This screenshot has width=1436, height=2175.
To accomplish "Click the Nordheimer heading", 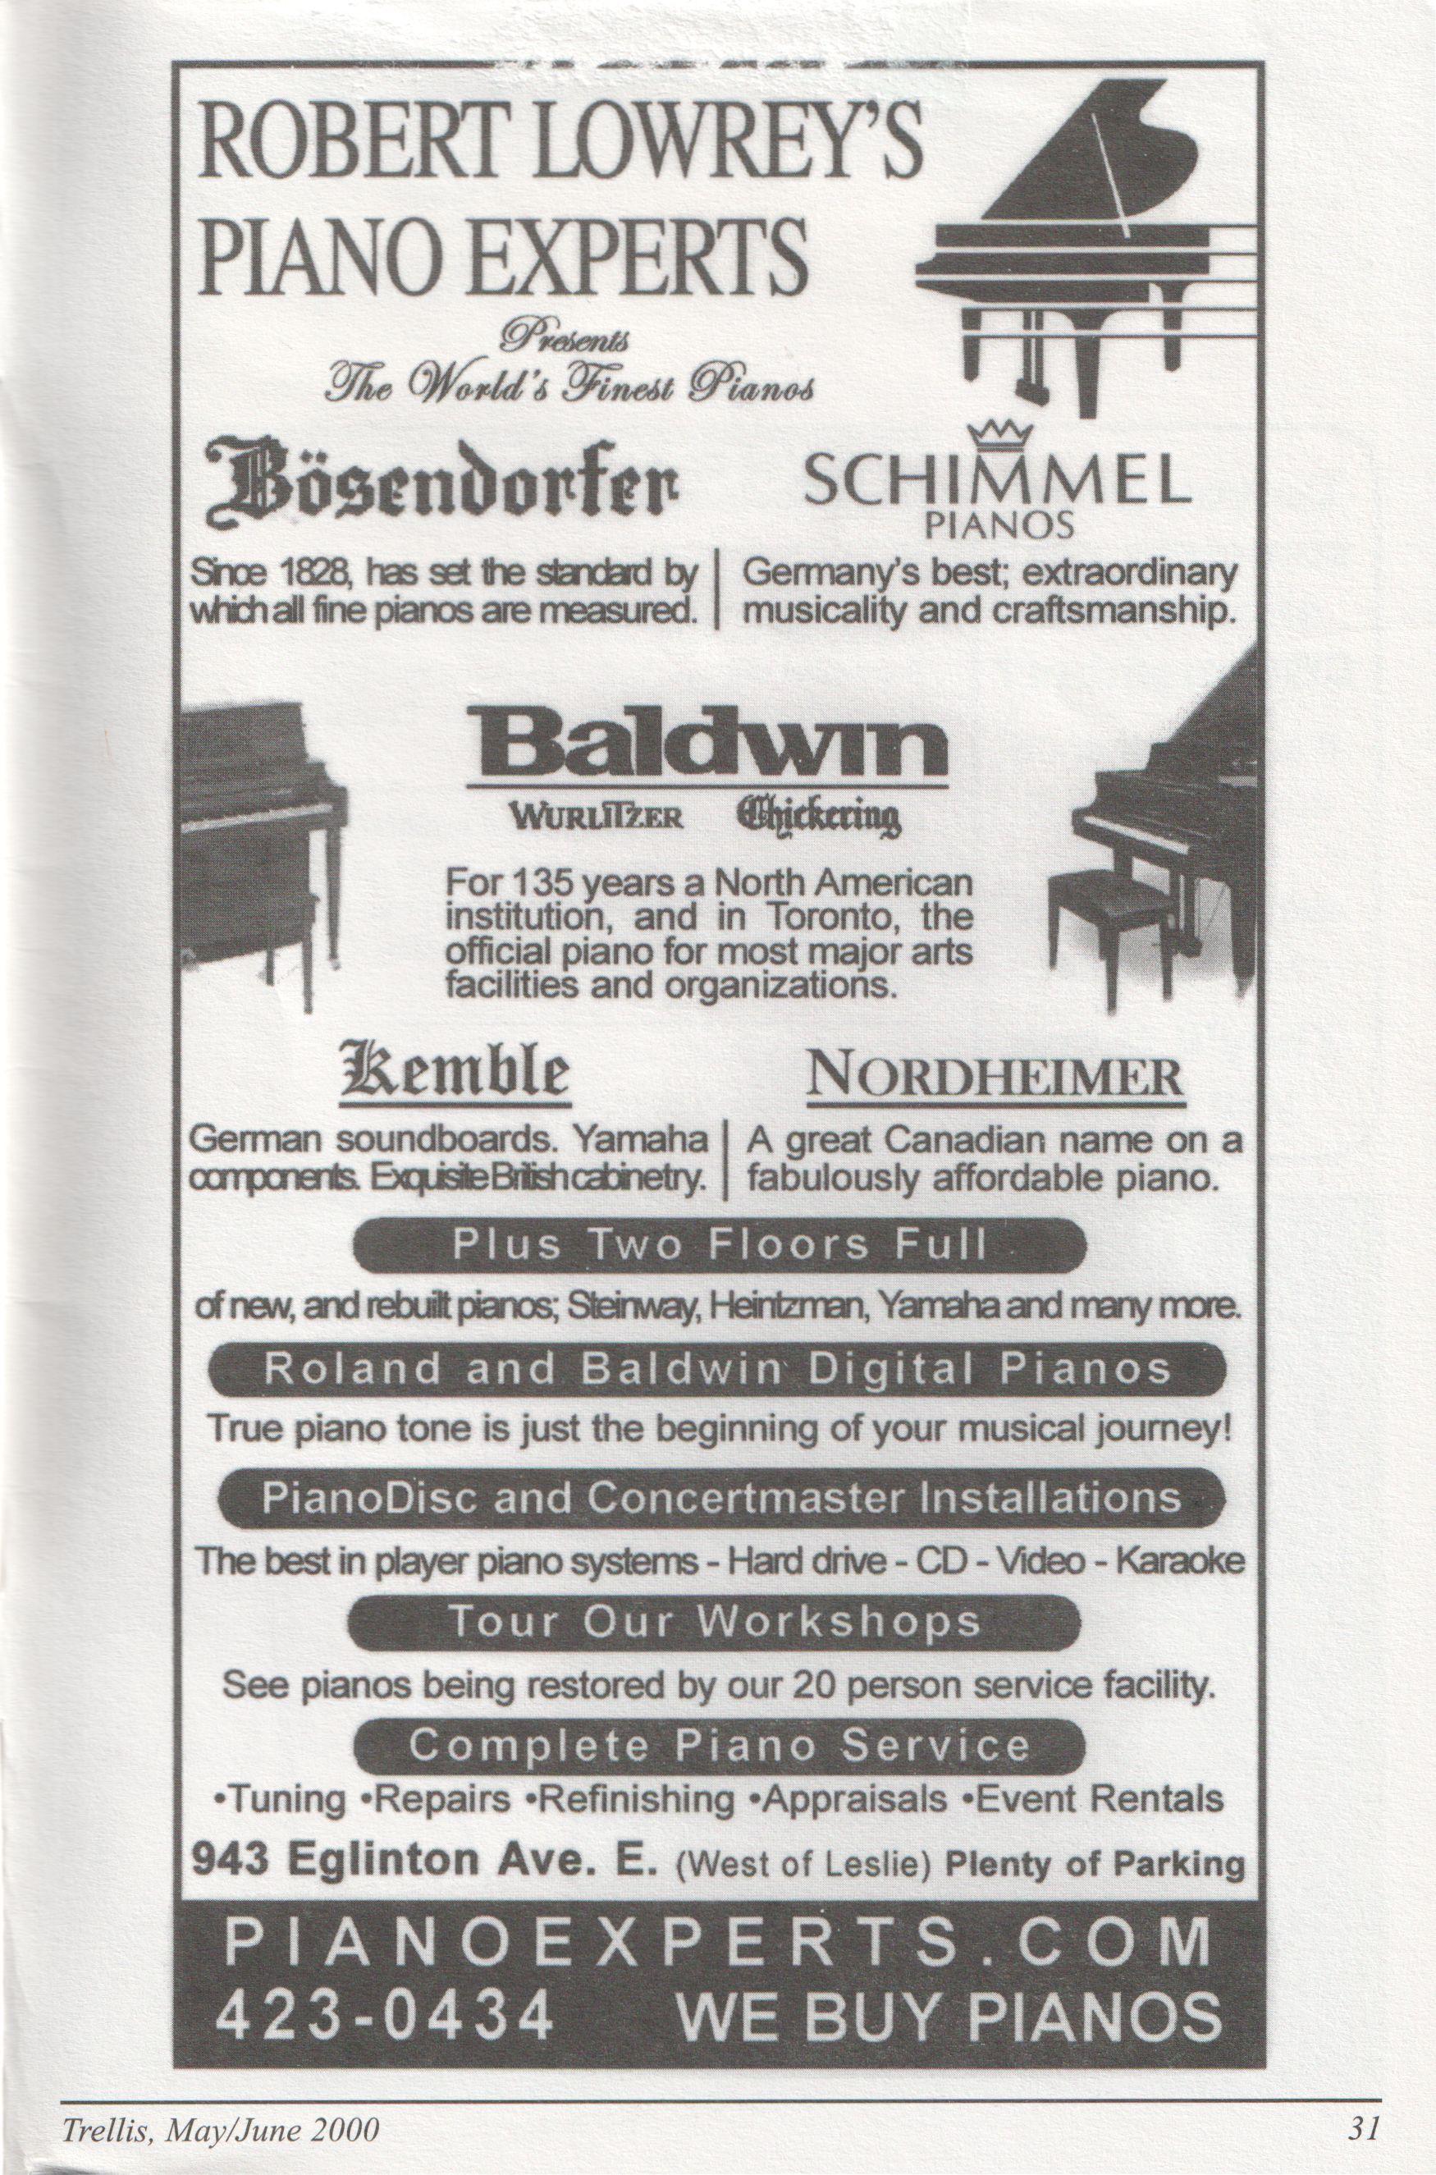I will pyautogui.click(x=995, y=1078).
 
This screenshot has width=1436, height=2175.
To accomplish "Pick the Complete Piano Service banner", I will pyautogui.click(x=718, y=1743).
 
